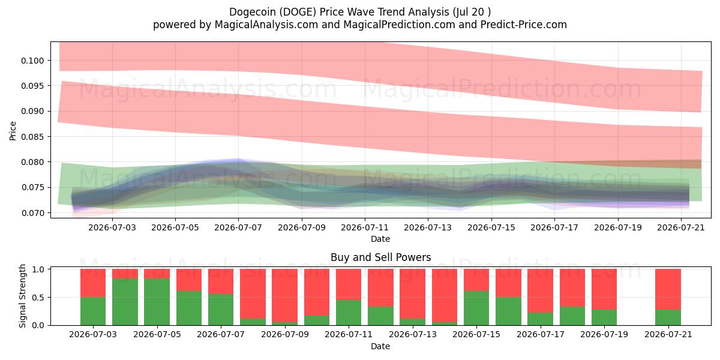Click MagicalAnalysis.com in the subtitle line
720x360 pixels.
tap(266, 25)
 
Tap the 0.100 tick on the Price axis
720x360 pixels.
tap(32, 61)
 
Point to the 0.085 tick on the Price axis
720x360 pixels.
tap(32, 137)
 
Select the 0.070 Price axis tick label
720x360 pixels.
tap(32, 213)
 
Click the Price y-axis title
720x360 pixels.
tap(13, 131)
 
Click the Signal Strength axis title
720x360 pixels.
tap(22, 296)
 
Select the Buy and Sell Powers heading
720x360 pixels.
tap(380, 257)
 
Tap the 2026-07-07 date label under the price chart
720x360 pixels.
tap(238, 227)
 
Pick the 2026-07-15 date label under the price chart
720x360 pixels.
tap(491, 227)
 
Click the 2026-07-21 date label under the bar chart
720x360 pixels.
tap(668, 334)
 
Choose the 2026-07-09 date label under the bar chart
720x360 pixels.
tap(285, 334)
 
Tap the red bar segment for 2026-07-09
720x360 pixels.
tap(285, 295)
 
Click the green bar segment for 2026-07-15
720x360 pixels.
tap(476, 308)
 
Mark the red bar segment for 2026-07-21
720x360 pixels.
tap(668, 289)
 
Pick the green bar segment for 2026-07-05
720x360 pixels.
tap(157, 302)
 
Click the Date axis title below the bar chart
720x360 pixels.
tap(380, 347)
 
